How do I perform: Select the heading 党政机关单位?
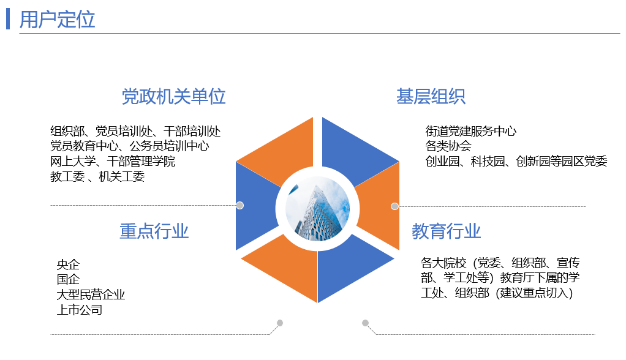[173, 97]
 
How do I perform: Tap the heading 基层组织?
[431, 97]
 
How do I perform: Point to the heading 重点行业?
[154, 231]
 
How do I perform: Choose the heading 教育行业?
[446, 231]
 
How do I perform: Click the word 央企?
[68, 265]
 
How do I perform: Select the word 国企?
[68, 280]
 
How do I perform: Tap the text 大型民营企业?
[91, 294]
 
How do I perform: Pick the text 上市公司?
[80, 310]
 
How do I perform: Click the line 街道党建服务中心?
[470, 131]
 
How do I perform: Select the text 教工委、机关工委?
[97, 177]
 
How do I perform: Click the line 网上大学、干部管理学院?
[113, 162]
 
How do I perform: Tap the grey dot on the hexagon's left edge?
[240, 206]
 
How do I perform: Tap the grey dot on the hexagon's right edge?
[395, 206]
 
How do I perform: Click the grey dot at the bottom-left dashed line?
[280, 323]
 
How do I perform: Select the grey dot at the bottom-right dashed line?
[365, 323]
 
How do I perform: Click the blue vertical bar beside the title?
[8, 19]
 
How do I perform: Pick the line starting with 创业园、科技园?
[516, 162]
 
